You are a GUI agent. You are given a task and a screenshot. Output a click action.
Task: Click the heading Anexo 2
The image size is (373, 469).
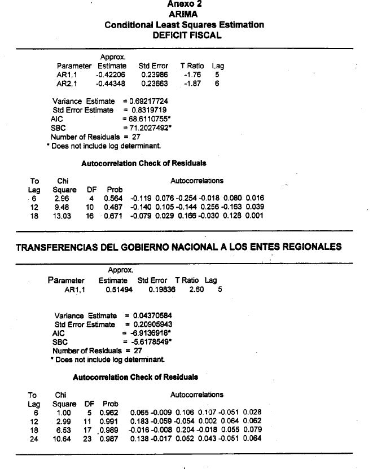(184, 4)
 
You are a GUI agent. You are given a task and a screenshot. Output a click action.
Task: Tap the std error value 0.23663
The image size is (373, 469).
(153, 84)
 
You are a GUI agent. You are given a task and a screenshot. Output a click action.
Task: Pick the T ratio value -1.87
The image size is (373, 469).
(192, 84)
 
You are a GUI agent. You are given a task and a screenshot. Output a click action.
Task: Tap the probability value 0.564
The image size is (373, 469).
(113, 198)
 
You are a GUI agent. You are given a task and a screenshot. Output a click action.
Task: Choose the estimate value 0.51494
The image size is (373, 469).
(117, 290)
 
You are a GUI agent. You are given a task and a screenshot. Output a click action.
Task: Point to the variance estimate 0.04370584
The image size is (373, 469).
(152, 315)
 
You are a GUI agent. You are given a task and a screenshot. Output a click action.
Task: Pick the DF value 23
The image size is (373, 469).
(89, 439)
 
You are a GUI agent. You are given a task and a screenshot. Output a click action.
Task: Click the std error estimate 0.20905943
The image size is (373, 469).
(152, 325)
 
